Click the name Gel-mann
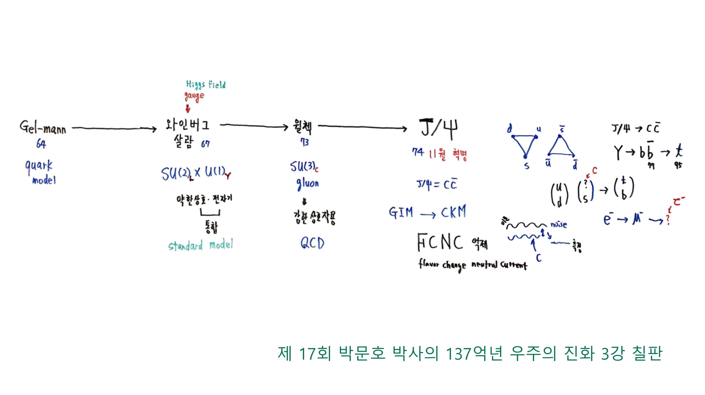pos(43,127)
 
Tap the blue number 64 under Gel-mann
pos(41,144)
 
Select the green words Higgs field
pos(206,84)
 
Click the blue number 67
pos(205,144)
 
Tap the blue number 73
pos(304,142)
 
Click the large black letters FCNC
pos(440,242)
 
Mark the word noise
pos(559,225)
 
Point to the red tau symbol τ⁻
pos(678,202)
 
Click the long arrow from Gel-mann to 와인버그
pos(114,128)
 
